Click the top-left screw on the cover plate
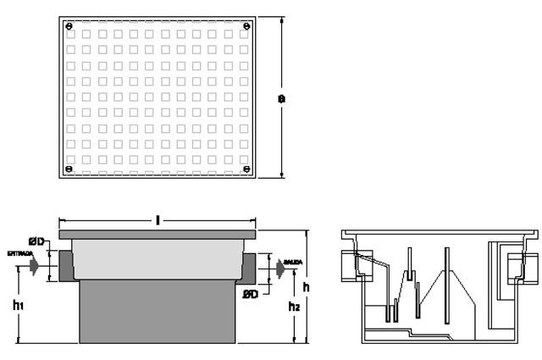coord(69,25)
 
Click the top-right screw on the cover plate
coord(246,25)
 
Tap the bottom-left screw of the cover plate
coord(69,169)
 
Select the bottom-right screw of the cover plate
coord(246,169)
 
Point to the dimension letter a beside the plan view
coord(282,98)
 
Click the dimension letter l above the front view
coord(158,219)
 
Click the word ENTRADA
coord(19,253)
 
